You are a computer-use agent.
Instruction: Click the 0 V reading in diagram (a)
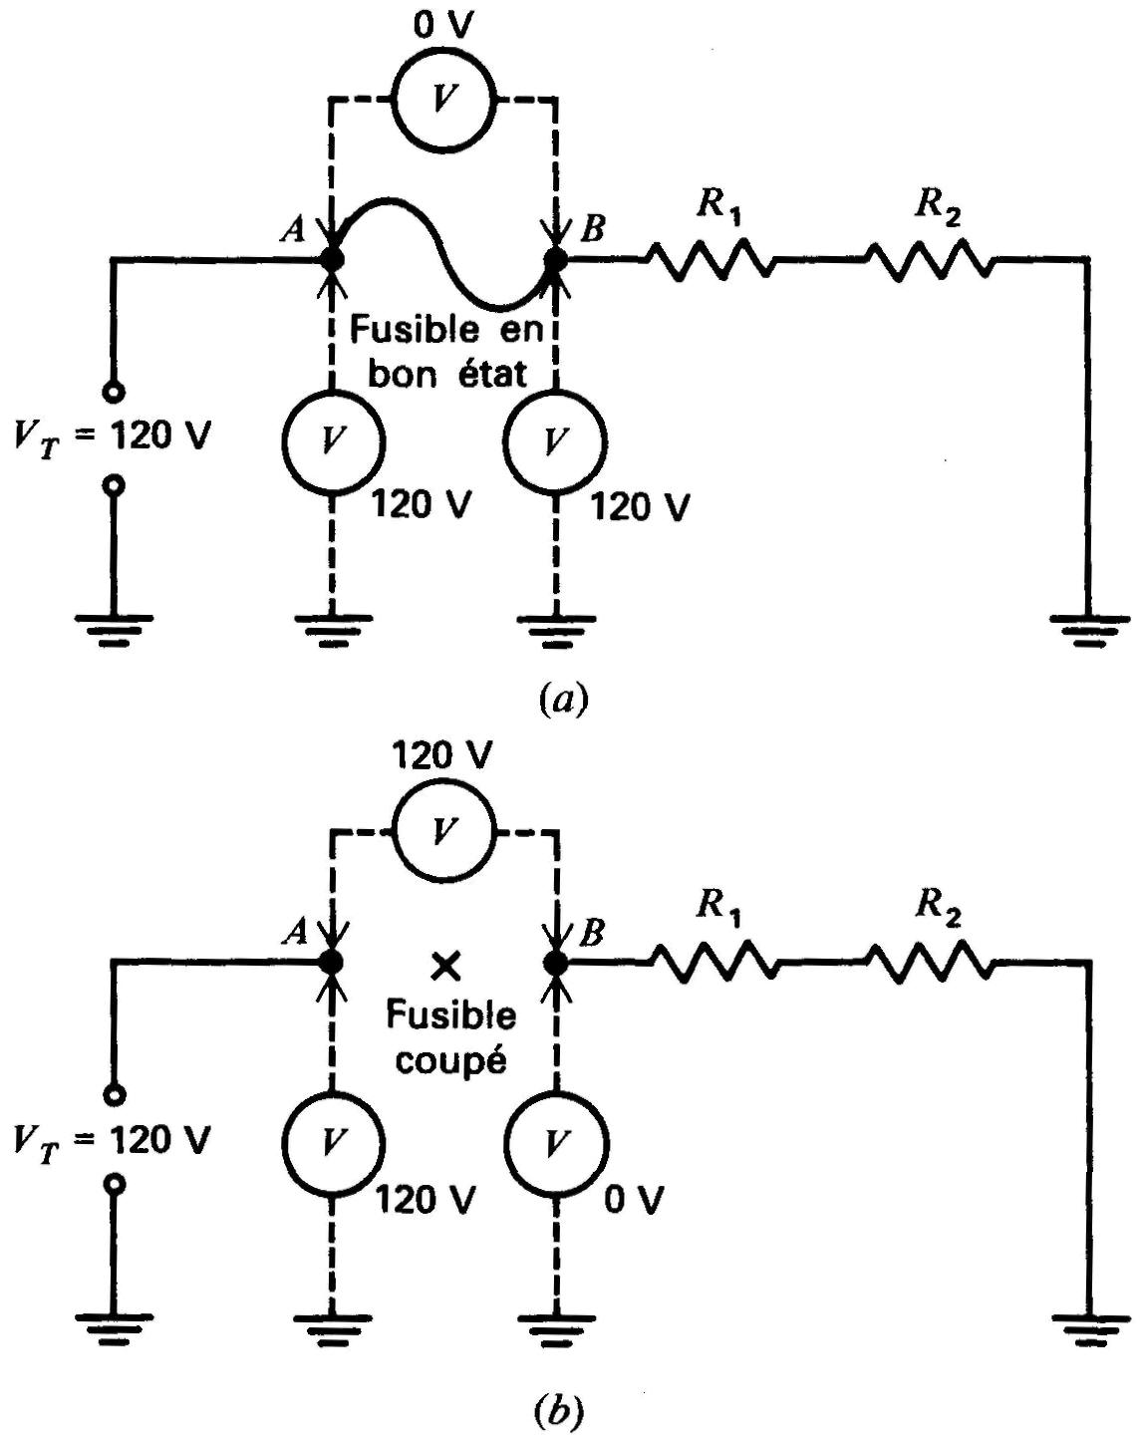coord(442,26)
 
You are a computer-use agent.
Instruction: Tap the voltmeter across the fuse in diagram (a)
coord(442,99)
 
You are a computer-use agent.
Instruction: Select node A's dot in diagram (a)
coord(331,258)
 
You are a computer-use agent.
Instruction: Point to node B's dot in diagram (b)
coord(555,963)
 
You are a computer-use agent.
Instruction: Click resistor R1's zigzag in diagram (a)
coord(711,259)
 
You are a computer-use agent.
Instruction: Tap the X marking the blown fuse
coord(444,966)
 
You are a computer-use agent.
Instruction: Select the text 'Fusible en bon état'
coord(446,352)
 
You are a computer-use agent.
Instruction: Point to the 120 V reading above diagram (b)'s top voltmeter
coord(441,755)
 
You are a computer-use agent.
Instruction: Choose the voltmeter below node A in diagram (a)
coord(333,440)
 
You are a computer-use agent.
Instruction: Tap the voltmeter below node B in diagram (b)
coord(556,1142)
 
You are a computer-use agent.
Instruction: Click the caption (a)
coord(563,700)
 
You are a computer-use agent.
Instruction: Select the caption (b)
coord(560,1410)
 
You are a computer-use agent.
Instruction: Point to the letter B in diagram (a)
coord(593,229)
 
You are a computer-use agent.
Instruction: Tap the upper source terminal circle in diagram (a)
coord(115,391)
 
